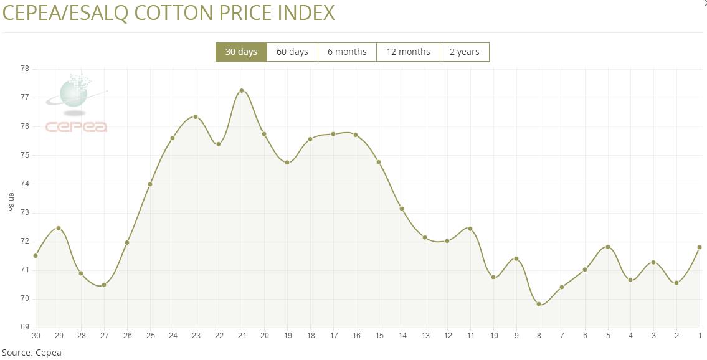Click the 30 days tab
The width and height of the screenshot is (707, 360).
[x=241, y=52]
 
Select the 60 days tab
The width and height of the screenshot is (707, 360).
[x=292, y=52]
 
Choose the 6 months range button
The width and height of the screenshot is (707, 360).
[x=347, y=52]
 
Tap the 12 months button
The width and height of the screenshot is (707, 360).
[x=408, y=52]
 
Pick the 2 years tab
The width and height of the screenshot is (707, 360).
[x=464, y=52]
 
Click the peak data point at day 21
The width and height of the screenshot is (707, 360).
[x=242, y=91]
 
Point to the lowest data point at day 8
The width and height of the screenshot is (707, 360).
[x=539, y=304]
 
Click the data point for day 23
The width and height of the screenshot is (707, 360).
[x=196, y=117]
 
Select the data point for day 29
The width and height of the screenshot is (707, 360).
[x=59, y=228]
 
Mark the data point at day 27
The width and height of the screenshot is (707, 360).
[x=104, y=285]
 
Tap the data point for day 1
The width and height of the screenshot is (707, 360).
[x=700, y=247]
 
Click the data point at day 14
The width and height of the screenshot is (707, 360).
[x=402, y=209]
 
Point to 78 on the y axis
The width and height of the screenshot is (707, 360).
[x=25, y=69]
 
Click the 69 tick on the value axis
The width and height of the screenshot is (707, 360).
[x=25, y=328]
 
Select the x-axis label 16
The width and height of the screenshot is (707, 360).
[x=356, y=336]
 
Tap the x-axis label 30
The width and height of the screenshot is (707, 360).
[x=36, y=336]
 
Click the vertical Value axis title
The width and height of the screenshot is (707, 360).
[x=11, y=201]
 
